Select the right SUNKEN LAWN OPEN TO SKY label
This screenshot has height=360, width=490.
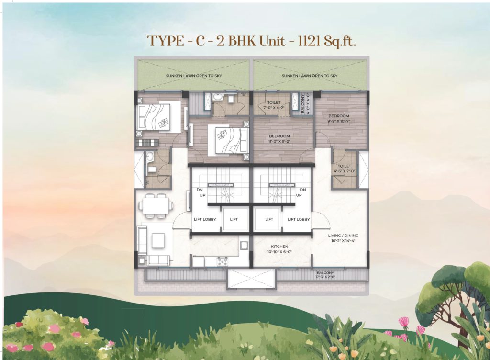[x=310, y=76]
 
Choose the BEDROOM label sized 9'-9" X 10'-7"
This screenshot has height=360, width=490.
[x=339, y=119]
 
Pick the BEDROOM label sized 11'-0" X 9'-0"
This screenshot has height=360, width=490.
[x=279, y=139]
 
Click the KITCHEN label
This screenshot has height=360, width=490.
[x=278, y=249]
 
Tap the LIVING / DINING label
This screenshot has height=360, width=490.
[x=343, y=238]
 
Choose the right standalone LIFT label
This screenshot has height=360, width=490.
[x=269, y=219]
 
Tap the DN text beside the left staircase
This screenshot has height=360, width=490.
[x=200, y=190]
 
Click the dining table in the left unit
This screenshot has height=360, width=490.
[x=156, y=205]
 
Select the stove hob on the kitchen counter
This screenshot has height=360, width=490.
[x=223, y=261]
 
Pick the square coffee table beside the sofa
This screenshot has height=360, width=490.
[x=158, y=240]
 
